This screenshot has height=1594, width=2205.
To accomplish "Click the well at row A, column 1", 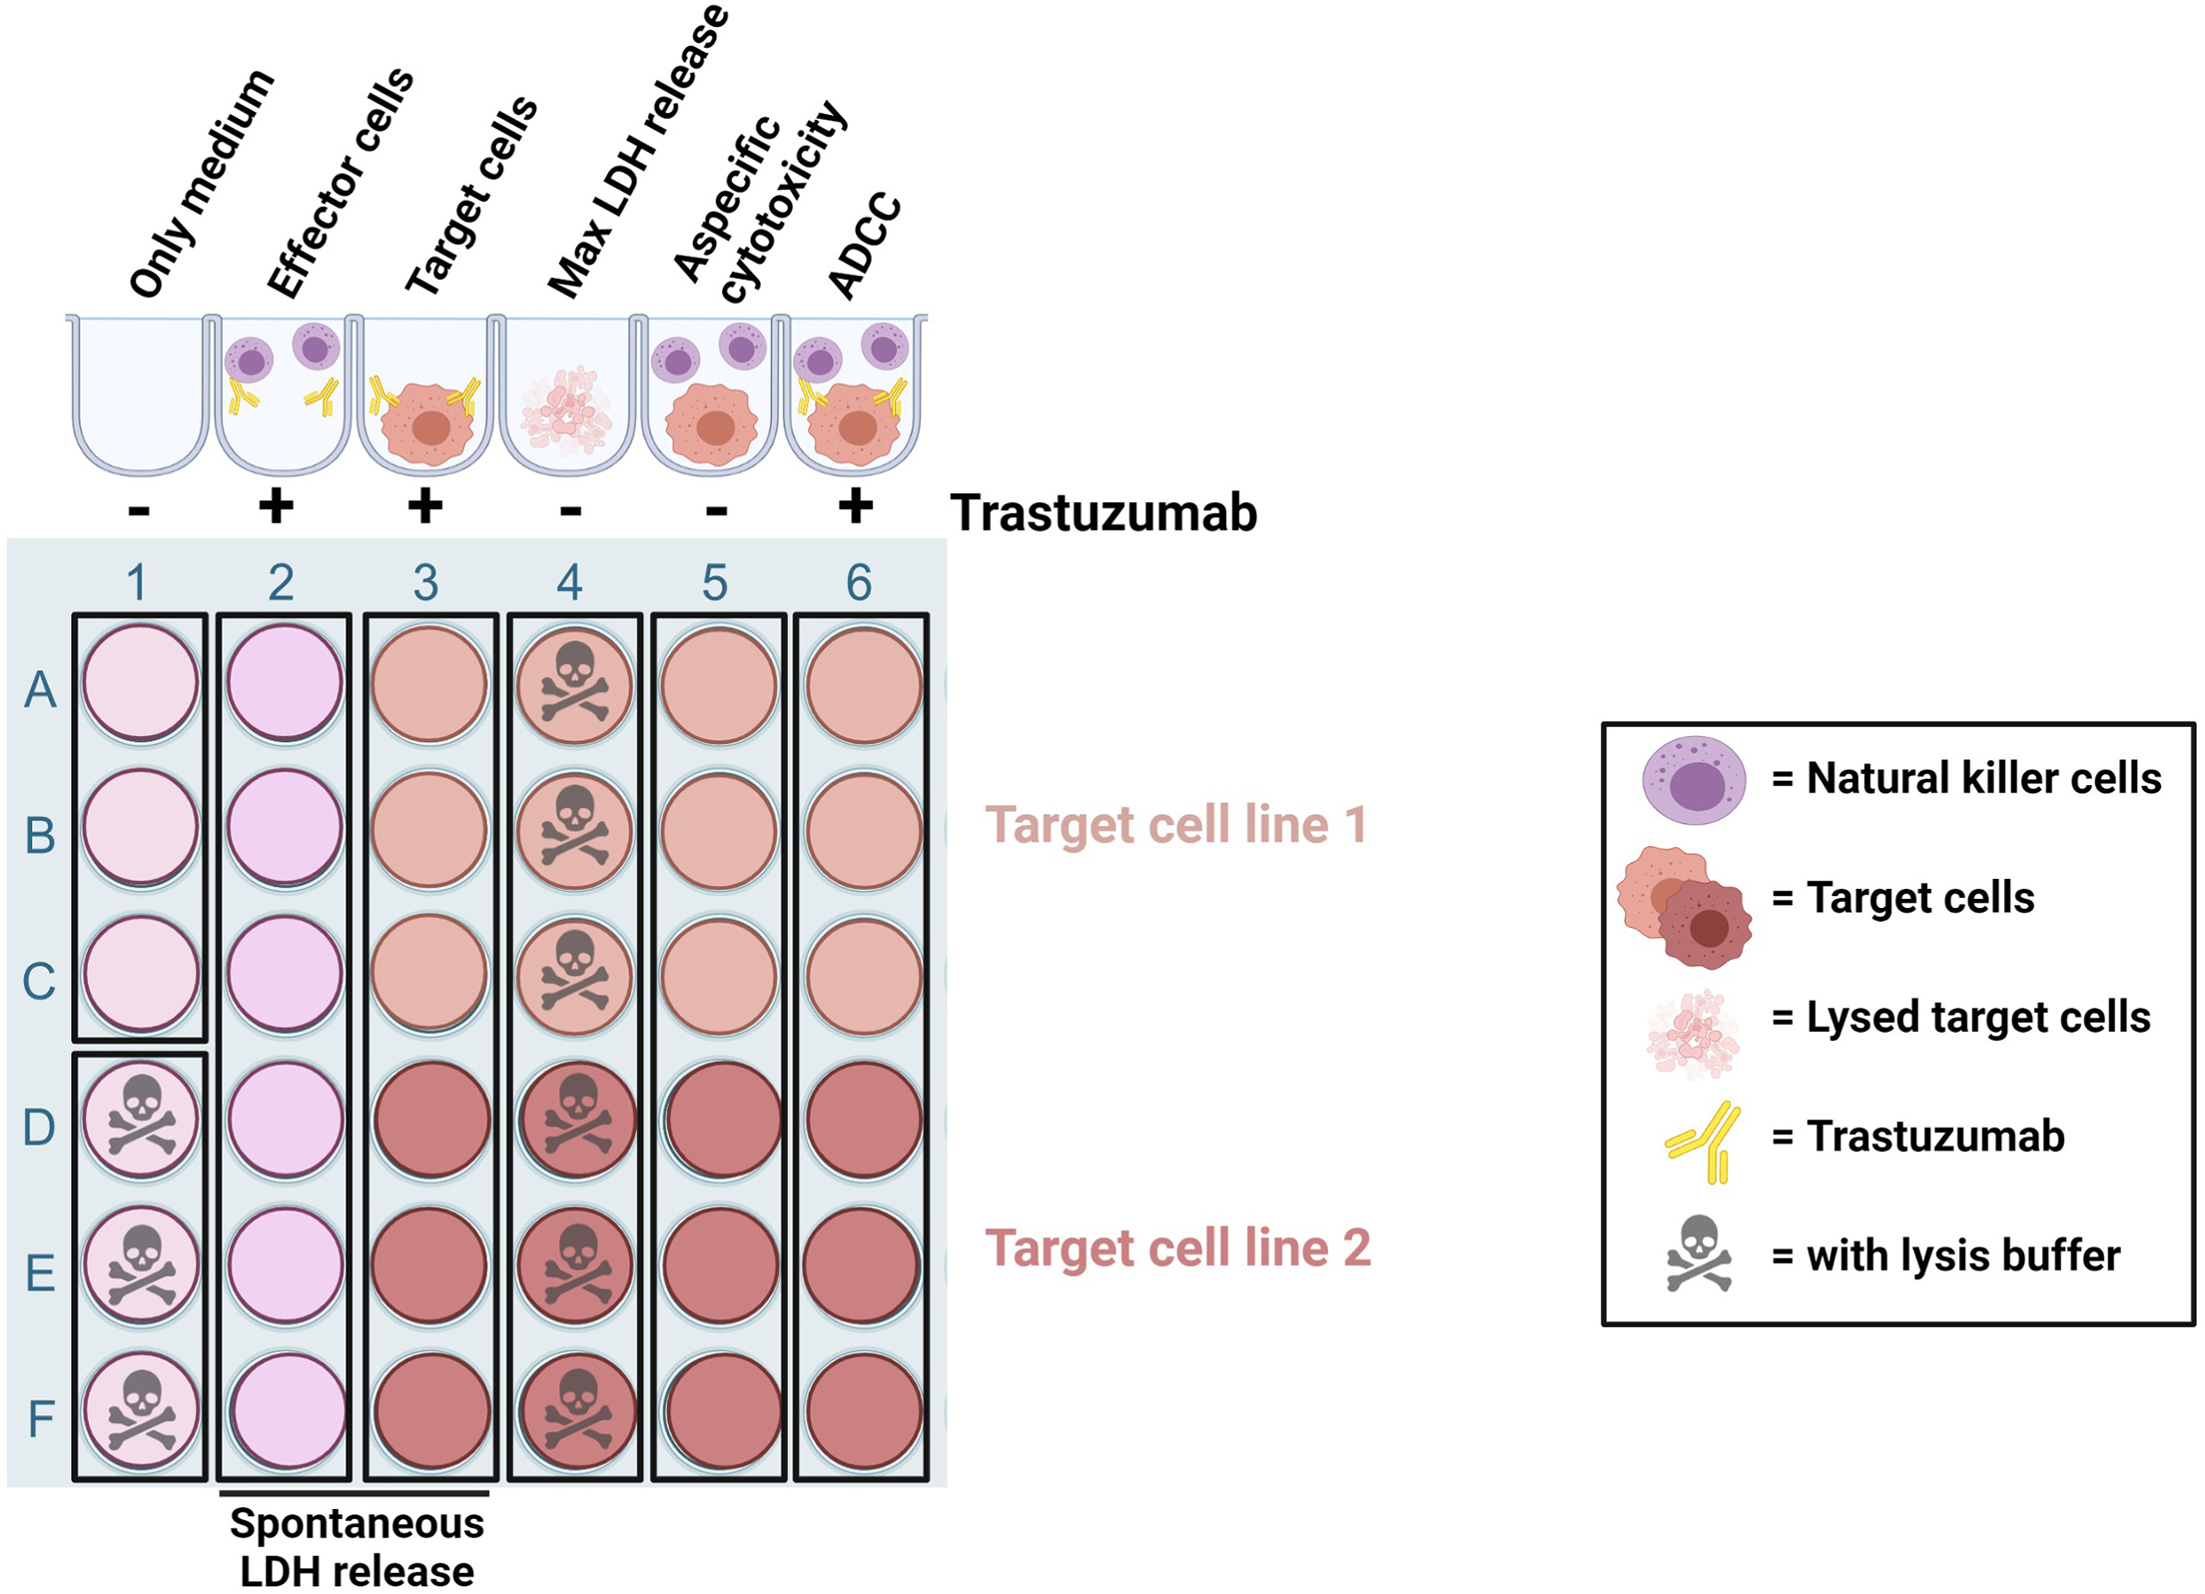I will click(141, 683).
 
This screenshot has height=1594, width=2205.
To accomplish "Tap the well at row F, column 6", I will click(863, 1411).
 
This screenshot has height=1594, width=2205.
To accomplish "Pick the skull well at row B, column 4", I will click(574, 829).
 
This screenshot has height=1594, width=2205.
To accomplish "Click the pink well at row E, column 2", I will click(285, 1265).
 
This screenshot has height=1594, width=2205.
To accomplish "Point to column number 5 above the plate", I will click(715, 582).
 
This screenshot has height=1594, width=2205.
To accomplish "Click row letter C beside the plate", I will click(40, 981).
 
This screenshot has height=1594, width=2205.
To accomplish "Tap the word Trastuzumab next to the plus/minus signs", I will click(1102, 513).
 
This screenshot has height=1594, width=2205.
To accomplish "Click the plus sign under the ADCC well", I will click(855, 506).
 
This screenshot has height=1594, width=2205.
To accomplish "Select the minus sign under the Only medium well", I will click(139, 511).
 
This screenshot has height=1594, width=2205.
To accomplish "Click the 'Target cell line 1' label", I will click(1175, 825).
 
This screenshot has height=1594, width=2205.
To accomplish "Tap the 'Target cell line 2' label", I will click(1177, 1247).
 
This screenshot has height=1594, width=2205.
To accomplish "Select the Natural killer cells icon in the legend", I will click(1694, 780).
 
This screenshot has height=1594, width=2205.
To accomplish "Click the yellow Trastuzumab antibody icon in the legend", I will click(1705, 1142).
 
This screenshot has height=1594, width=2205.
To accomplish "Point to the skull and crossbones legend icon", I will click(1699, 1254).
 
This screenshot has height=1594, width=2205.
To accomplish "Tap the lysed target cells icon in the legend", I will click(1694, 1035).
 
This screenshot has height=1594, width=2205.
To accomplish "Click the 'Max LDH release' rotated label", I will click(639, 150).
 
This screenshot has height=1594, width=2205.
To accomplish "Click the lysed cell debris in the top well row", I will click(567, 409).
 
